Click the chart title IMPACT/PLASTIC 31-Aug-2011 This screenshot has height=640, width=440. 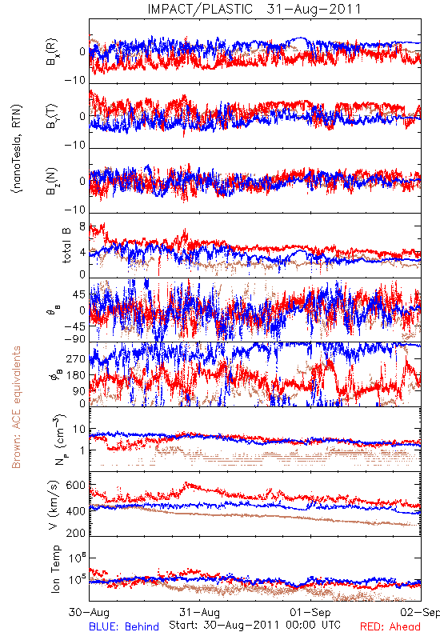click(254, 9)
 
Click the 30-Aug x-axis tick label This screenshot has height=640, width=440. click(89, 612)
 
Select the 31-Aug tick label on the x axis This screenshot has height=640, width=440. click(199, 612)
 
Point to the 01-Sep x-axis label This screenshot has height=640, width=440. click(310, 612)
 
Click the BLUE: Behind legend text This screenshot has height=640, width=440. click(124, 626)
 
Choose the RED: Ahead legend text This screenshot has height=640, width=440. click(390, 626)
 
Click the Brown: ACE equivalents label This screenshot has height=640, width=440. click(16, 407)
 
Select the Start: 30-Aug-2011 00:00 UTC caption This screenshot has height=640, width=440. click(254, 625)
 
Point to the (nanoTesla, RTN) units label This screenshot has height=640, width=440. click(17, 149)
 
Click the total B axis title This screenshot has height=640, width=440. click(66, 245)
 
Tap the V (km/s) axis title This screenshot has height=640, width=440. click(54, 505)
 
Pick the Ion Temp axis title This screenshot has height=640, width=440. click(55, 568)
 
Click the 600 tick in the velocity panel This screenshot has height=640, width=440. click(75, 485)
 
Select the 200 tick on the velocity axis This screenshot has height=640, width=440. click(75, 532)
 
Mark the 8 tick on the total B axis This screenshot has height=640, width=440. click(82, 226)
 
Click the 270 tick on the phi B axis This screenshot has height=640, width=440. click(75, 359)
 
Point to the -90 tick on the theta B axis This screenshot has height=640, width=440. click(75, 338)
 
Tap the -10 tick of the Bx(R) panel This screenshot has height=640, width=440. click(75, 80)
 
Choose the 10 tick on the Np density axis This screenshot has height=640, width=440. click(79, 430)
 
